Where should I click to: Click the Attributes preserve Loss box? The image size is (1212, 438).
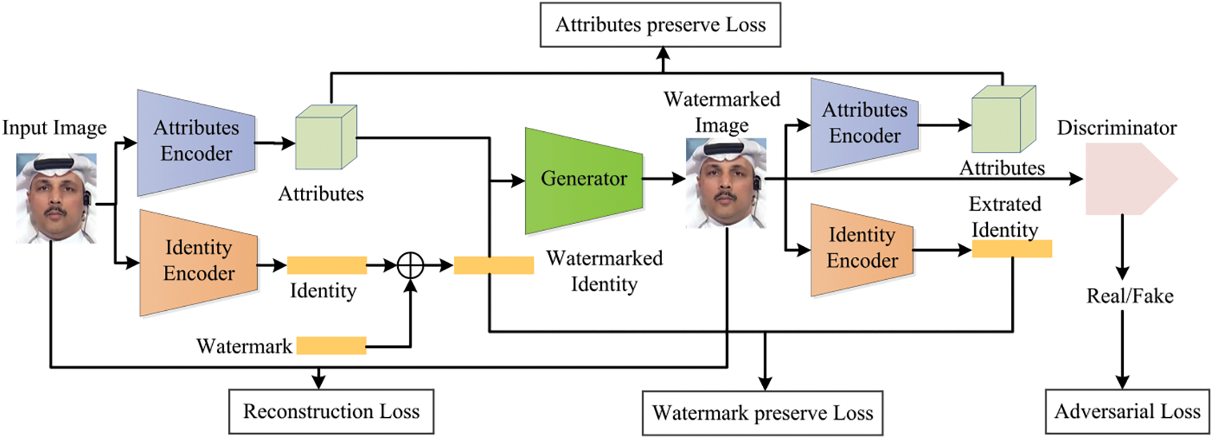tap(660, 25)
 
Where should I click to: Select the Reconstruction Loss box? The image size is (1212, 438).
tap(331, 411)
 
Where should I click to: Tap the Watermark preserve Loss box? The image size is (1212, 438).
tap(762, 413)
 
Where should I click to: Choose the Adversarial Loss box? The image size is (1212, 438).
tap(1127, 411)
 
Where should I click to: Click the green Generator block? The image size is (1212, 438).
tap(583, 180)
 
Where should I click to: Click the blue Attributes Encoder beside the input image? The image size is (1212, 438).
tap(196, 142)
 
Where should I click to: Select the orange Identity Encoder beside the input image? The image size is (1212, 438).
tap(199, 262)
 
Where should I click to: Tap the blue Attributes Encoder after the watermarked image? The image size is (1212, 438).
tap(864, 124)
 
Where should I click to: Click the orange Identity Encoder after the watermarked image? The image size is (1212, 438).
tap(862, 249)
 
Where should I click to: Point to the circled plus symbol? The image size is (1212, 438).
tap(410, 265)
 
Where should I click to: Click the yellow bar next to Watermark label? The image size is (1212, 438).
tap(331, 346)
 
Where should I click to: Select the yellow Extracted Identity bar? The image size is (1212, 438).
tap(1011, 249)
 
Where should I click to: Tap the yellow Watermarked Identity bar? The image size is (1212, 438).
tap(494, 265)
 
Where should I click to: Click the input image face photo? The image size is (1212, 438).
tap(56, 198)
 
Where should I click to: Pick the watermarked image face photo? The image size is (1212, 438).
tap(725, 183)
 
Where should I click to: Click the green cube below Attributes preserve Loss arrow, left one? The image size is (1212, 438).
tap(326, 137)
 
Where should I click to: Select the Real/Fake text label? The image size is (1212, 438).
tap(1129, 296)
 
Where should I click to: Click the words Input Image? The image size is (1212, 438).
tap(55, 128)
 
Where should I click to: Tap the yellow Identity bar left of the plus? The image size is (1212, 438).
tap(327, 265)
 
